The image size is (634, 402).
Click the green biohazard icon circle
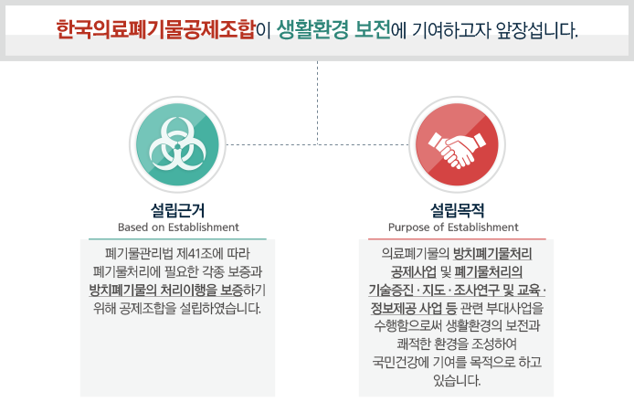[177, 144]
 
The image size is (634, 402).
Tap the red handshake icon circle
[457, 144]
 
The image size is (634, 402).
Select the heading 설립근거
[177, 210]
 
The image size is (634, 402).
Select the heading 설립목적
[457, 210]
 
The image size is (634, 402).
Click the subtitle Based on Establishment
[178, 227]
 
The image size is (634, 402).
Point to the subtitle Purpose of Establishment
[453, 227]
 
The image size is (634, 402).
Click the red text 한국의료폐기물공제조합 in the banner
[155, 29]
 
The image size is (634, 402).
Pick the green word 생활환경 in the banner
[312, 30]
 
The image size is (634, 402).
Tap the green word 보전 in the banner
[373, 29]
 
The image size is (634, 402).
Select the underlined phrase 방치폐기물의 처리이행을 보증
[166, 290]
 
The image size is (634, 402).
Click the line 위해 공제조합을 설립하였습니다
[177, 309]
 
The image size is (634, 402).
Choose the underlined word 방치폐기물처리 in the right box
[492, 254]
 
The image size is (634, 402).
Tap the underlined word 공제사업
[414, 271]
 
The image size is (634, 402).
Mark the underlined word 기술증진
[391, 290]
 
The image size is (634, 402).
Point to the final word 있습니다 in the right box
[457, 380]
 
